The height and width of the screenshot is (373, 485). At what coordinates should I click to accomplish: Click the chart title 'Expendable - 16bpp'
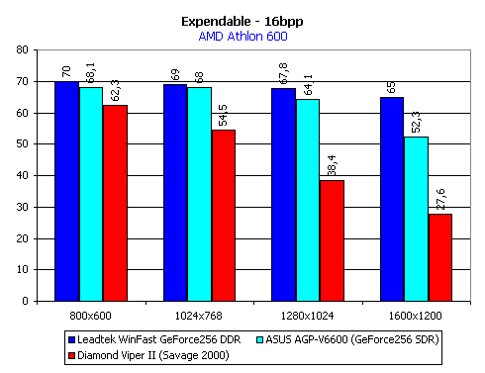pos(242,19)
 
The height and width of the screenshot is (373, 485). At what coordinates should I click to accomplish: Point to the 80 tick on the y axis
pos(26,49)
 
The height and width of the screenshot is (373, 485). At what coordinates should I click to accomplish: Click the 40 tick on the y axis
pos(26,175)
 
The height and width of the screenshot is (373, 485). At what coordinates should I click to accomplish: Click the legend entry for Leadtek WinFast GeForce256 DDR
pos(129,336)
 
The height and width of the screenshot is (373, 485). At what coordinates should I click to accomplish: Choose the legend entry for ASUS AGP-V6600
pos(346,336)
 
